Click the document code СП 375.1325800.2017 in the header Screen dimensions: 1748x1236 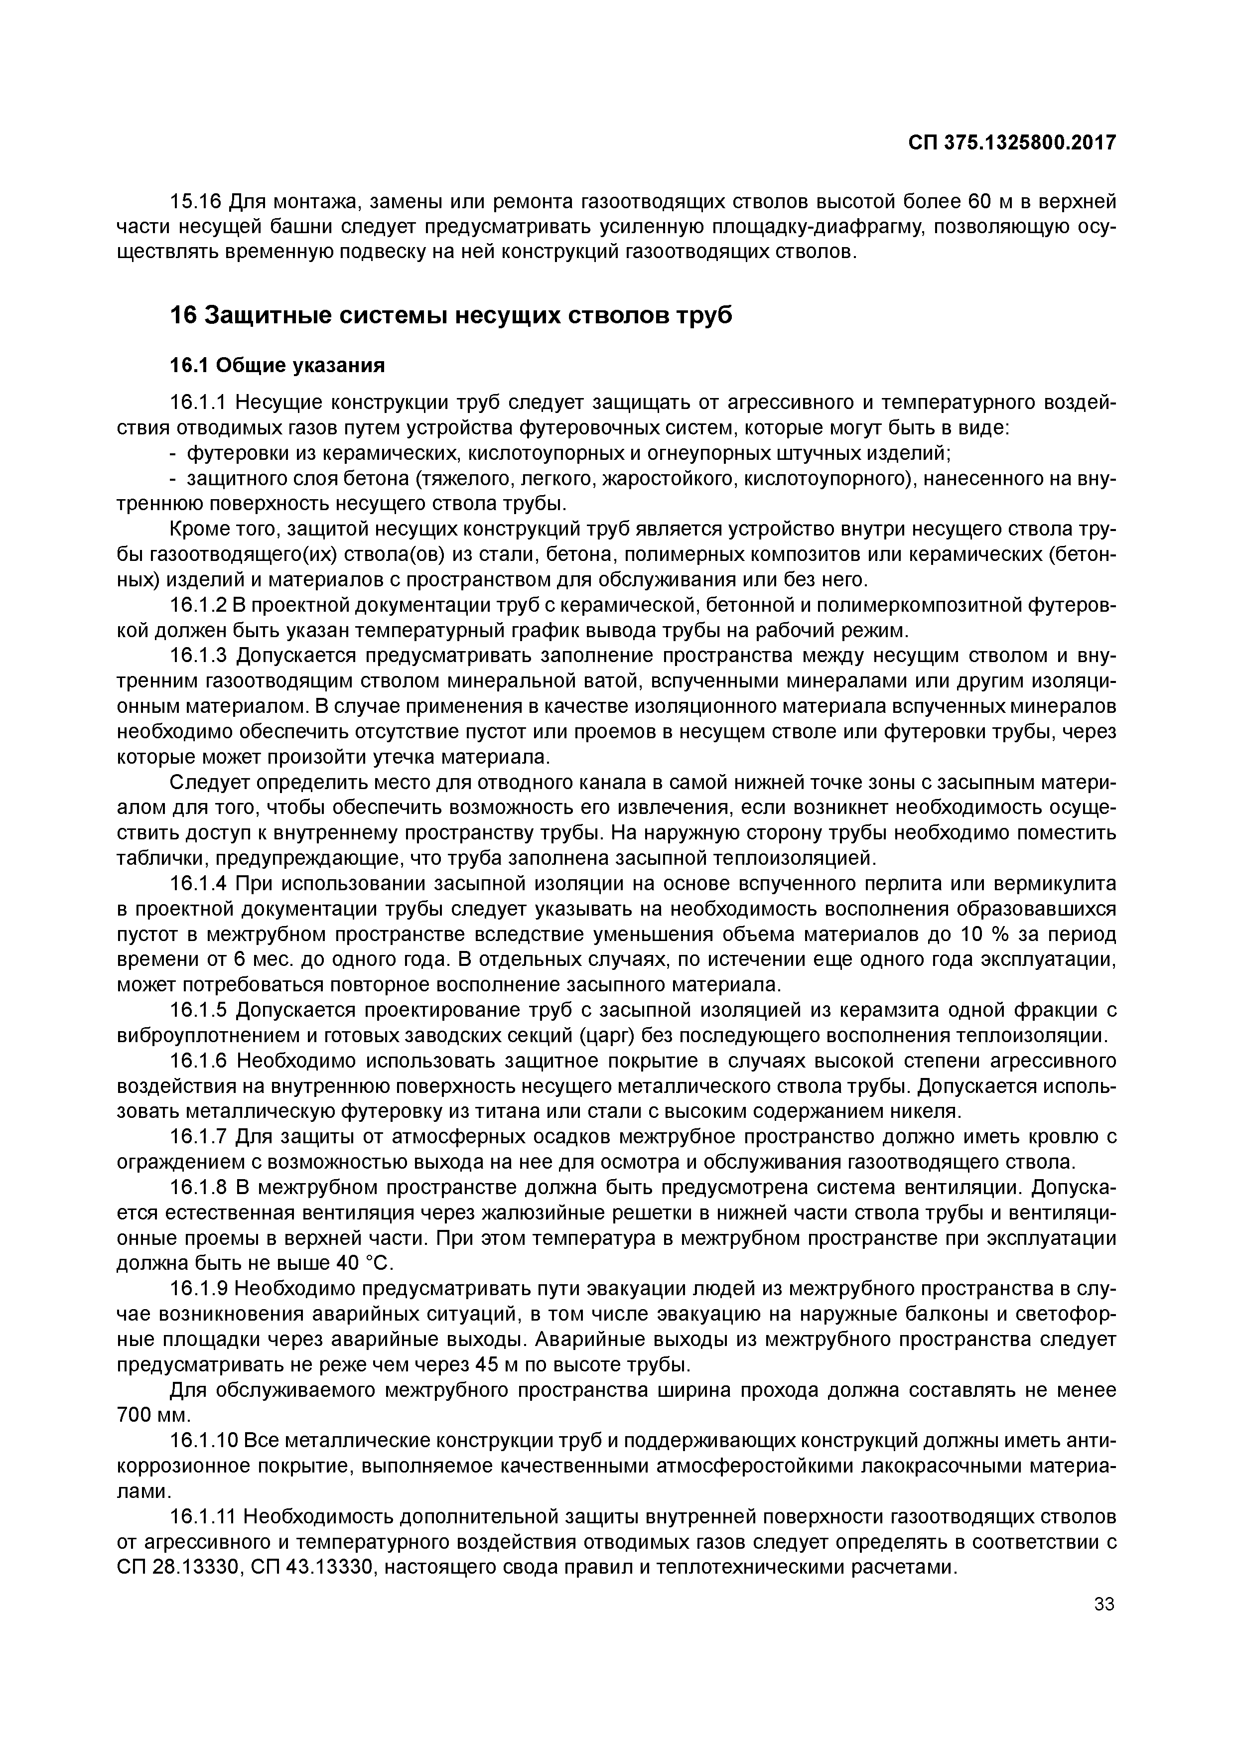point(1012,142)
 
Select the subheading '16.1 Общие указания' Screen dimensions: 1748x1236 point(277,366)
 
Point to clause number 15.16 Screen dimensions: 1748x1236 point(194,202)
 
